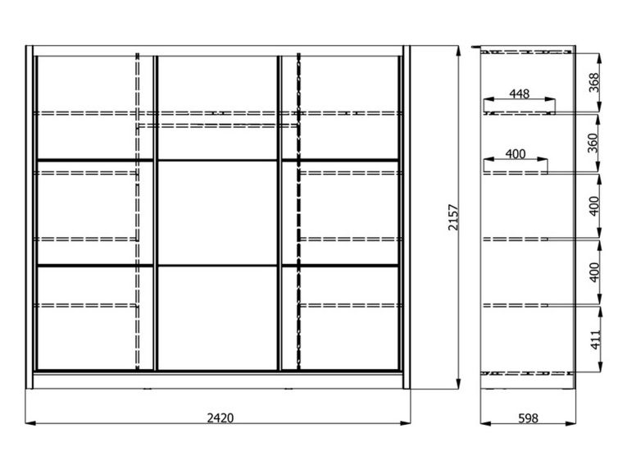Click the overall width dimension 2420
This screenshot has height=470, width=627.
[220, 418]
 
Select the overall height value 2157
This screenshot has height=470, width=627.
[453, 217]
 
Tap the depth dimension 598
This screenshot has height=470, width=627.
[528, 418]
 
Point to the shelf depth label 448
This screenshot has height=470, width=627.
[520, 94]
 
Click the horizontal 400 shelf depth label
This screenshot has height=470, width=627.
[516, 154]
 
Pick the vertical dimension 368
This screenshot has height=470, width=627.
[594, 83]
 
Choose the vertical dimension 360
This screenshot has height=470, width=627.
[593, 143]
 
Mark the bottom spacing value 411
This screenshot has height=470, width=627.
[595, 340]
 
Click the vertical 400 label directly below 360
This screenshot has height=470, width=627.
[594, 206]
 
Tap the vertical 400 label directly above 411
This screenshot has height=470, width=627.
[594, 272]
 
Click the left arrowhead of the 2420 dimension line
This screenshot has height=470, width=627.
[30, 422]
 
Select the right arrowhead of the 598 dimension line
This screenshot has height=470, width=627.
[571, 423]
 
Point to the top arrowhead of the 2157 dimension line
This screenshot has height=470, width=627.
[459, 51]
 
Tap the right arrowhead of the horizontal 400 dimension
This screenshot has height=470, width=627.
[543, 159]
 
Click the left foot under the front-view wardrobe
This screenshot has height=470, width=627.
[148, 388]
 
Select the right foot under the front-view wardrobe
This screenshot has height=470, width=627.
[288, 388]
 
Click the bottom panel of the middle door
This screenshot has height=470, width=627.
[217, 318]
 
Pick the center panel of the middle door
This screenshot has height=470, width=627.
[217, 212]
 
